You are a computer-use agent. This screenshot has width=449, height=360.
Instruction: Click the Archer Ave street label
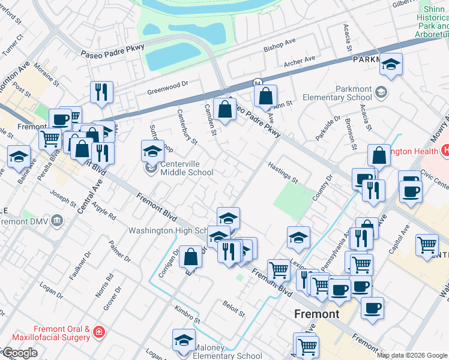tap(299, 61)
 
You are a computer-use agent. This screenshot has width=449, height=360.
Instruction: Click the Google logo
tap(20, 353)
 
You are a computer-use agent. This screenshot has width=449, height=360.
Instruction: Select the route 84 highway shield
tap(257, 82)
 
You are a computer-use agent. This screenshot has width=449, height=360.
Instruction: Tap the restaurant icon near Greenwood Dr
tap(100, 92)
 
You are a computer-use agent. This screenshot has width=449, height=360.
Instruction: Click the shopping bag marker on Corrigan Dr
tap(190, 257)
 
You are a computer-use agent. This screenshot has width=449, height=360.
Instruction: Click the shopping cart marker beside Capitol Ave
tap(427, 244)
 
